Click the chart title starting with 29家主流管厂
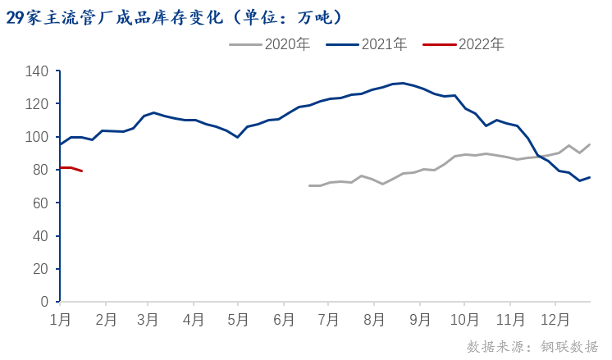tap(173, 17)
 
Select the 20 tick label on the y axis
tap(42, 269)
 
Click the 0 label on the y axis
tap(46, 302)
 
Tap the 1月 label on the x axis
tap(60, 317)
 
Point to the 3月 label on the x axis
tap(148, 317)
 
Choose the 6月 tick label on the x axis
tap(283, 317)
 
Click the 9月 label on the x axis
tap(419, 317)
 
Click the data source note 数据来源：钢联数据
tap(532, 346)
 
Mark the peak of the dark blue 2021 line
tap(403, 83)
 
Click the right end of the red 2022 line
tap(81, 171)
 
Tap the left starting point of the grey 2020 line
tap(309, 185)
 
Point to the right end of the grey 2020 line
tap(589, 144)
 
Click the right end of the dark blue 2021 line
tap(589, 177)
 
